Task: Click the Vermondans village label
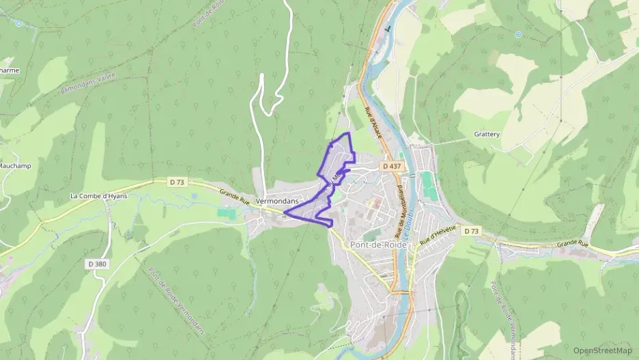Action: point(278,202)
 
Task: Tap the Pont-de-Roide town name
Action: point(378,245)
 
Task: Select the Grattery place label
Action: point(487,135)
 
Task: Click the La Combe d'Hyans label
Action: point(100,196)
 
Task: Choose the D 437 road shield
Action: point(391,166)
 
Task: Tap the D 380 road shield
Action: point(98,264)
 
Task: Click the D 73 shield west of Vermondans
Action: point(177,182)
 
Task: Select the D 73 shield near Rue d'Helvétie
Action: point(471,232)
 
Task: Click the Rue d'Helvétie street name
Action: point(438,236)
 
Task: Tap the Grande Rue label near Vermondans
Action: point(234,197)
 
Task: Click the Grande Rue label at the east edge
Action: point(571,244)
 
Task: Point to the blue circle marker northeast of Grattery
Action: point(518,33)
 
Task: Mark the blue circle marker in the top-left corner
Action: point(18,23)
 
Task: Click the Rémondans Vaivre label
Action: point(87,84)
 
